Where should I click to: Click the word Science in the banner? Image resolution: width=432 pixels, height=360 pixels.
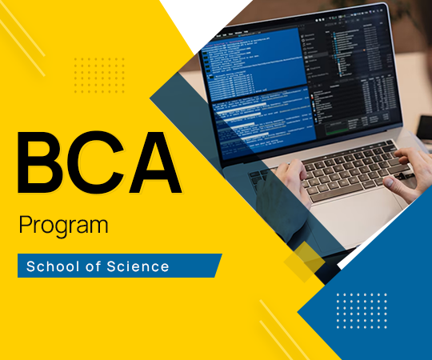pyautogui.click(x=141, y=266)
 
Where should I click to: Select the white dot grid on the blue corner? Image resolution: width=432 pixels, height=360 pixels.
pyautogui.click(x=361, y=310)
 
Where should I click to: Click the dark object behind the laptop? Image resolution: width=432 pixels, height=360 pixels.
pyautogui.click(x=424, y=128)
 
